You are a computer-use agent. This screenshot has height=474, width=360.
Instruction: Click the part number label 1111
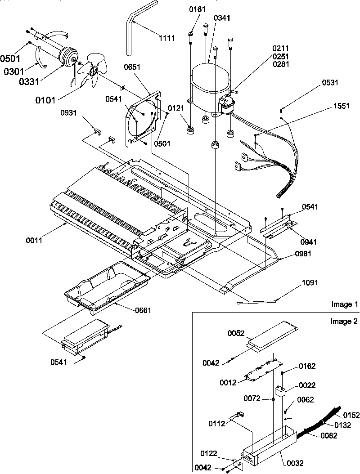167,38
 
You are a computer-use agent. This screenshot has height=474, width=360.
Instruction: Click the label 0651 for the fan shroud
133,68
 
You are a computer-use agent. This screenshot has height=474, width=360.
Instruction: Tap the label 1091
310,283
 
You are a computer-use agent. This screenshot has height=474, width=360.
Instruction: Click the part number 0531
330,83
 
